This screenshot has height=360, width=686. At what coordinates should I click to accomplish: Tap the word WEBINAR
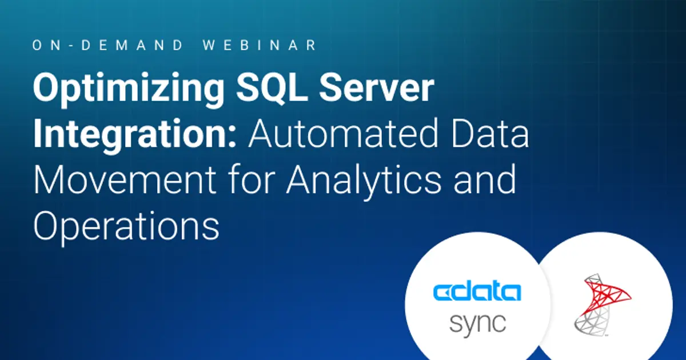261,46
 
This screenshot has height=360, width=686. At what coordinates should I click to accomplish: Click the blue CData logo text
477,292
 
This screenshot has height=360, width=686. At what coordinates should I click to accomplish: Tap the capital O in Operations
47,224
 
